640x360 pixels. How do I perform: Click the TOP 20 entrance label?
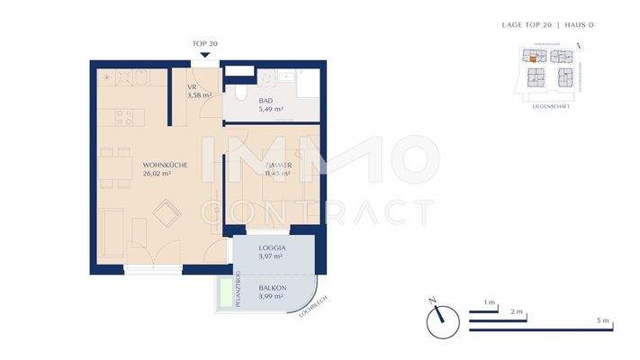[205, 43]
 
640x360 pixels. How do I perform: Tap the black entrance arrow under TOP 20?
[206, 54]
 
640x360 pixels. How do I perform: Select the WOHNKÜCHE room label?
[164, 165]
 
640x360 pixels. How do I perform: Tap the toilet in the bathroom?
[239, 93]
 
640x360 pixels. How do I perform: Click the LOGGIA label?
[271, 247]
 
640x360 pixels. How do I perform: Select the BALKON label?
[272, 289]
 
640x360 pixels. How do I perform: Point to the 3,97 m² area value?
[271, 256]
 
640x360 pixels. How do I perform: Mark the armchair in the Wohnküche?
[165, 213]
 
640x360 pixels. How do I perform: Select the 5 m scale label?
[602, 321]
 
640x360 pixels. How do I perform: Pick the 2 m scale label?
[517, 311]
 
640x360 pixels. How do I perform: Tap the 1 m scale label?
[490, 302]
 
